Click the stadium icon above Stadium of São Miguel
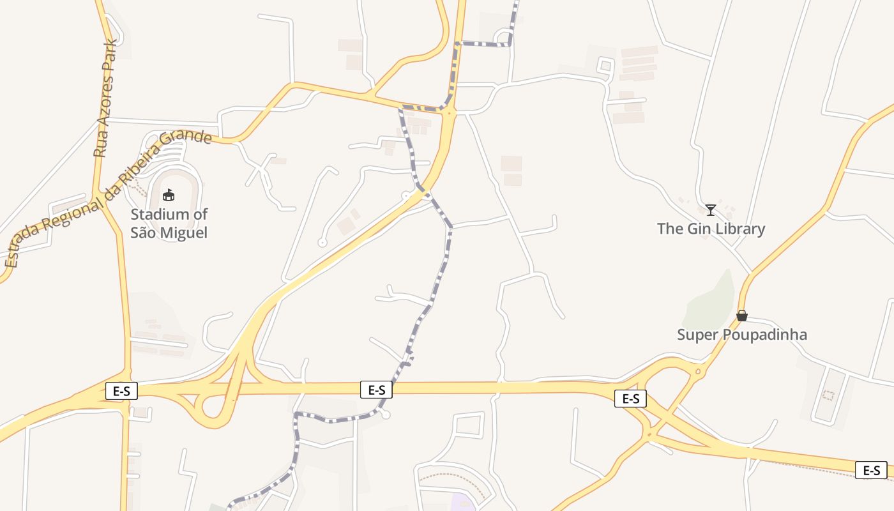[169, 195]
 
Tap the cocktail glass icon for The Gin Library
[710, 210]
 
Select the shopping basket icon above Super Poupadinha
[742, 316]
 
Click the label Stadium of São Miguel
[169, 224]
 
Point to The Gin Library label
[711, 229]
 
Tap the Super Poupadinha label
[742, 335]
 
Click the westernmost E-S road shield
[121, 391]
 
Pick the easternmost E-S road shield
[871, 470]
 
